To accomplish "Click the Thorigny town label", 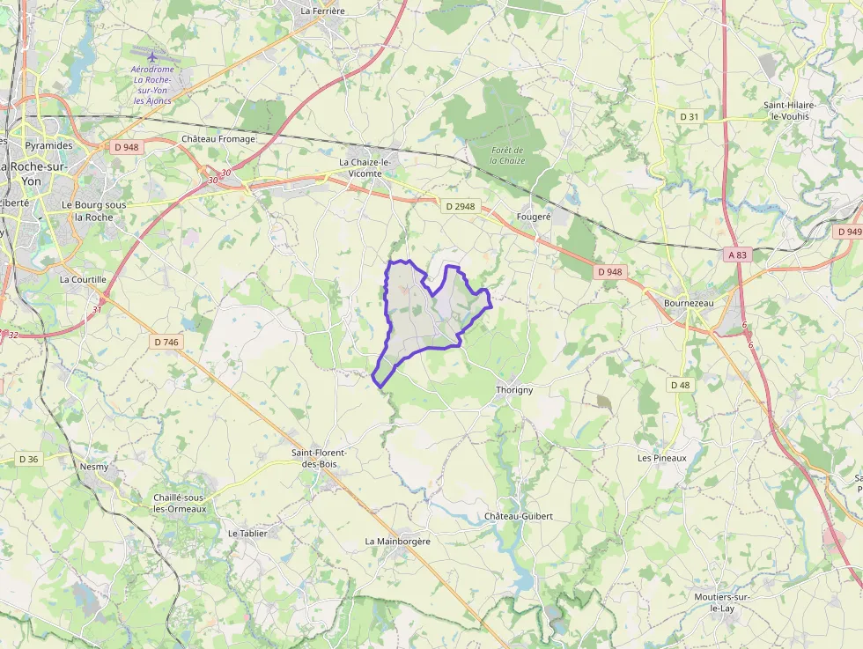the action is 514,389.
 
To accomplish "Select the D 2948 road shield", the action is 460,206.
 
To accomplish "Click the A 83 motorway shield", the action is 737,254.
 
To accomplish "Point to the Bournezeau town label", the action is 689,303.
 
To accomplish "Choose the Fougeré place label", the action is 534,216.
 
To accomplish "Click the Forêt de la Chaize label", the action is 507,155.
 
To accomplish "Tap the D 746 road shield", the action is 166,342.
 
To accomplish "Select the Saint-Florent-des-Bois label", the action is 321,458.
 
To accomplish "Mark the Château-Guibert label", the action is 519,516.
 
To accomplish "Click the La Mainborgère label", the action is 398,541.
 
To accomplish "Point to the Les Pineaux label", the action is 661,458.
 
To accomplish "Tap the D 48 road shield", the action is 679,385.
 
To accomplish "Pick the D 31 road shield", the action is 690,116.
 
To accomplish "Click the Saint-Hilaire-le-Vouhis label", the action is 790,111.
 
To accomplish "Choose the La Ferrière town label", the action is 322,11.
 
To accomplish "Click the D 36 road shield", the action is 28,459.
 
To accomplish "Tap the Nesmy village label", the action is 94,467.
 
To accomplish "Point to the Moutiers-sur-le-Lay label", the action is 721,602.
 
